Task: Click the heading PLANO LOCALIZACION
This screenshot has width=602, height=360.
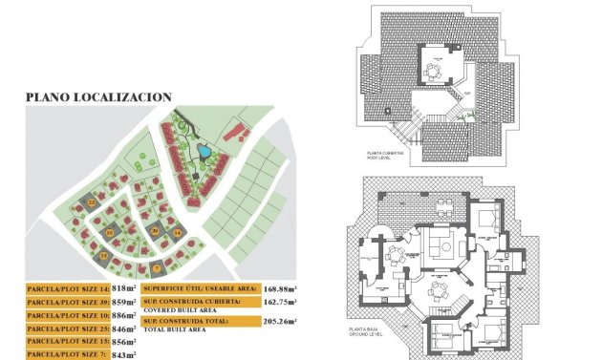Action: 98,96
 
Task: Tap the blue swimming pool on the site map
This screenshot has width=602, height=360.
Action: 204,151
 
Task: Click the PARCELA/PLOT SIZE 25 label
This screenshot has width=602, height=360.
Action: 67,328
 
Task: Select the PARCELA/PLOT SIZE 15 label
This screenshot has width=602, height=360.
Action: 67,341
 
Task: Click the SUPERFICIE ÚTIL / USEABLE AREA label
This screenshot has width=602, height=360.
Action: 199,287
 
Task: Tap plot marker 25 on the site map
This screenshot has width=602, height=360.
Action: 92,202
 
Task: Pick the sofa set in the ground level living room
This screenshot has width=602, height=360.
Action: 441,245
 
